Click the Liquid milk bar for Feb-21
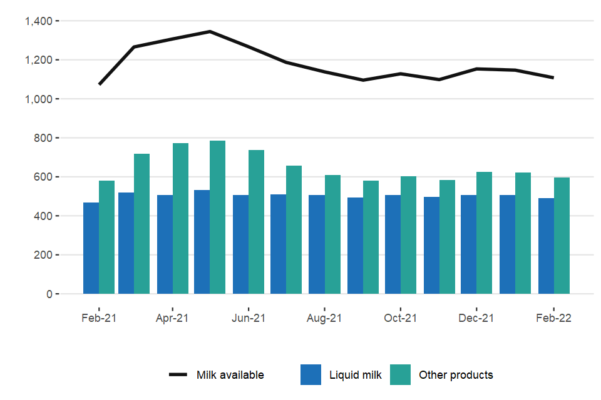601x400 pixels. (91, 248)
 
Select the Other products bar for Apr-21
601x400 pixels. (181, 219)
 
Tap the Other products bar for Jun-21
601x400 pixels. (256, 222)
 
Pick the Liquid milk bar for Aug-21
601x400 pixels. (316, 244)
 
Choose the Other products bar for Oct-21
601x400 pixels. (408, 241)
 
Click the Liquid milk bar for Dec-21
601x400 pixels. (468, 244)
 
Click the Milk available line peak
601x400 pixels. (210, 31)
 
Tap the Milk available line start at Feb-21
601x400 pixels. (100, 84)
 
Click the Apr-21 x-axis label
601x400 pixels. (172, 318)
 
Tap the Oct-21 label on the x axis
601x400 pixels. (401, 318)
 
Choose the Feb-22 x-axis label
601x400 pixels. (553, 318)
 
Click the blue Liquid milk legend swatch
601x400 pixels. (311, 375)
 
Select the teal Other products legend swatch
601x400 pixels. (400, 375)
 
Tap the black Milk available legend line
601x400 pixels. (178, 375)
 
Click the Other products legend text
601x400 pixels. (456, 375)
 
